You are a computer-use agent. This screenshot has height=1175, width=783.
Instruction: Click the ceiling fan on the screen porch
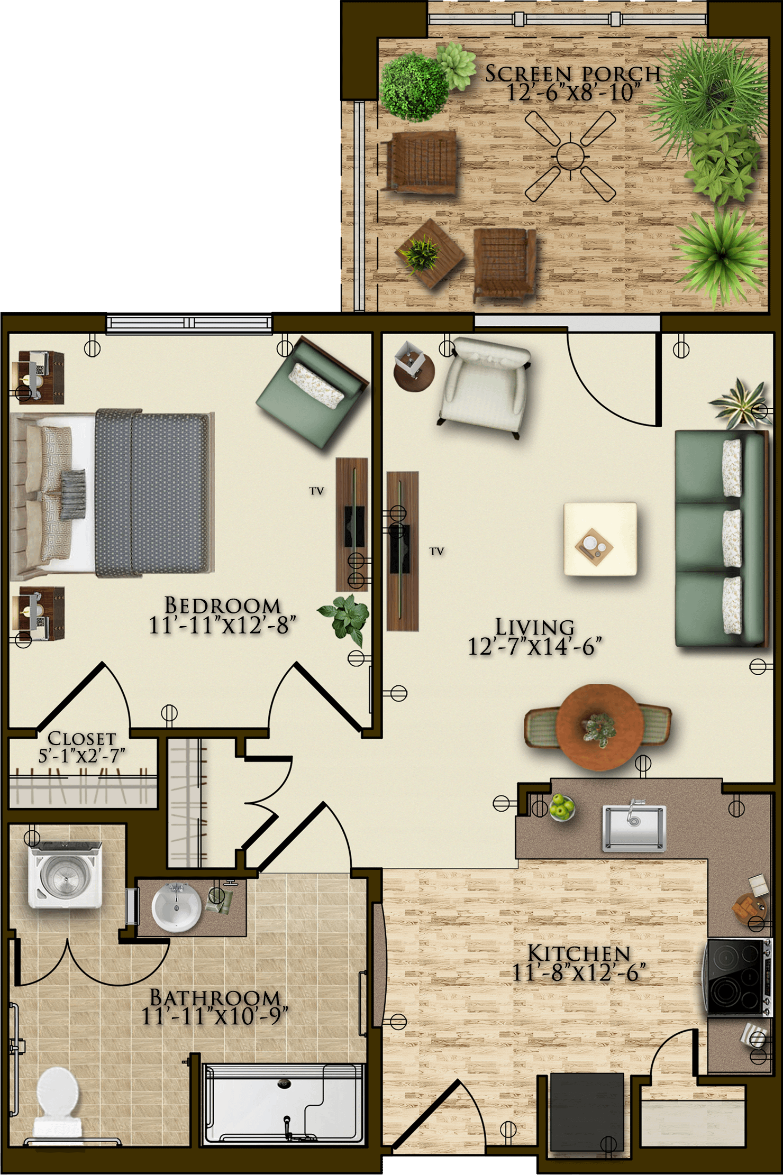(x=570, y=155)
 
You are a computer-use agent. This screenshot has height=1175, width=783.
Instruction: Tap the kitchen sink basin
(x=634, y=828)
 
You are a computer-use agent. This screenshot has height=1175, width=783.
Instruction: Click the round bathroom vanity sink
(x=176, y=907)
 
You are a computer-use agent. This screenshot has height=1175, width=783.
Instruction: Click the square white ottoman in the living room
(x=600, y=538)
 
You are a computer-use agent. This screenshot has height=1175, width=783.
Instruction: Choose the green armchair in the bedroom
(x=313, y=392)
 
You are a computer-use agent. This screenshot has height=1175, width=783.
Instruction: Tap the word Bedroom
(x=223, y=605)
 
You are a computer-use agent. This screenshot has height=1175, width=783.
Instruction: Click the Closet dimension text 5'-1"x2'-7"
(x=82, y=756)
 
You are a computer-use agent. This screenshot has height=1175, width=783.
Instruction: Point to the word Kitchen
(x=579, y=953)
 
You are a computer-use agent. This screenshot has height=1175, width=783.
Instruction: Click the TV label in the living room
(x=436, y=551)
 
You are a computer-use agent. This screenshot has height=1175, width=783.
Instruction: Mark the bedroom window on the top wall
(x=189, y=323)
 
